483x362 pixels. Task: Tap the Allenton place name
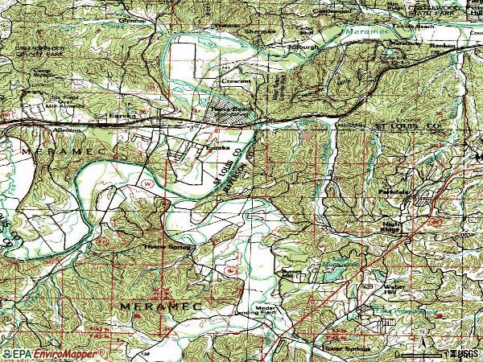(x=68, y=130)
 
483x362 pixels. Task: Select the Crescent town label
(x=236, y=82)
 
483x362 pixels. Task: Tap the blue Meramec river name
(x=357, y=32)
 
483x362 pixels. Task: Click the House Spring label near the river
(x=164, y=246)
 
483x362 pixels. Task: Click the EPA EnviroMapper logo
(x=53, y=352)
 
